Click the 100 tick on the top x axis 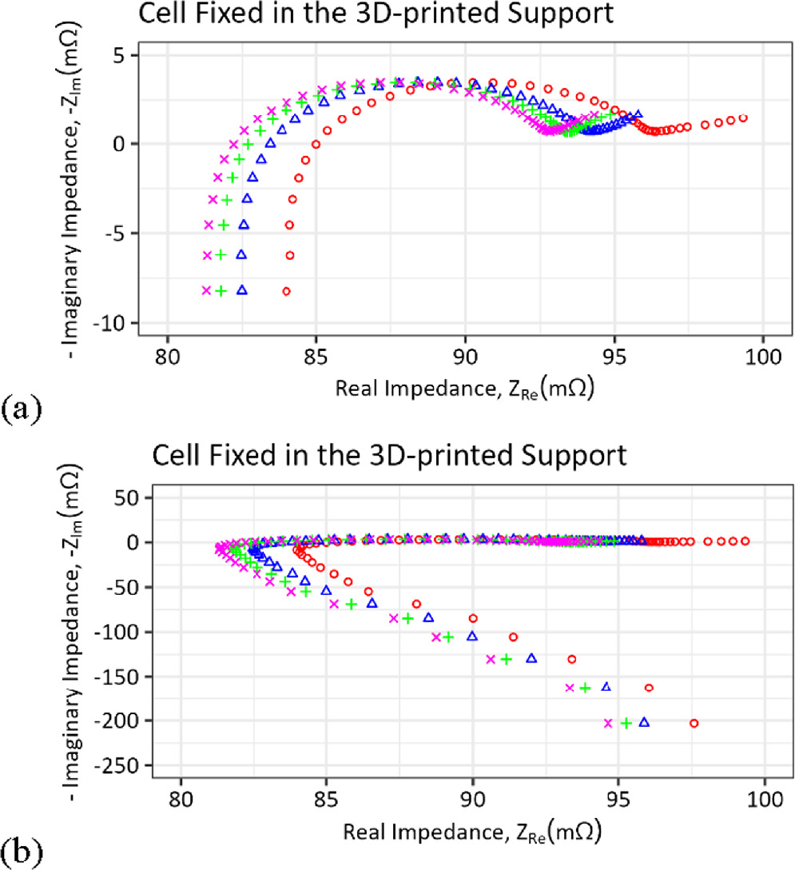tap(762, 353)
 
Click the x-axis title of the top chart tap(466, 389)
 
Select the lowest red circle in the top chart tap(286, 291)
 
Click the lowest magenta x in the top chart tap(206, 290)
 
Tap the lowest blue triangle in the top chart tap(241, 290)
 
